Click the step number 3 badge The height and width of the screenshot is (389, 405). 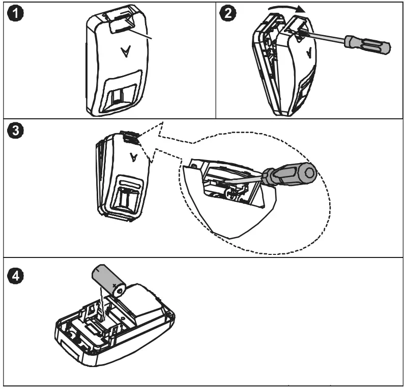click(x=15, y=131)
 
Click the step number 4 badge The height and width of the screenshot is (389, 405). click(x=15, y=275)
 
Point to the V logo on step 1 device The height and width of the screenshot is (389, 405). click(x=125, y=51)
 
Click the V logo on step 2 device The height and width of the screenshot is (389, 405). click(x=309, y=53)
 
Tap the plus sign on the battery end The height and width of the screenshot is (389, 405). click(x=116, y=287)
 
